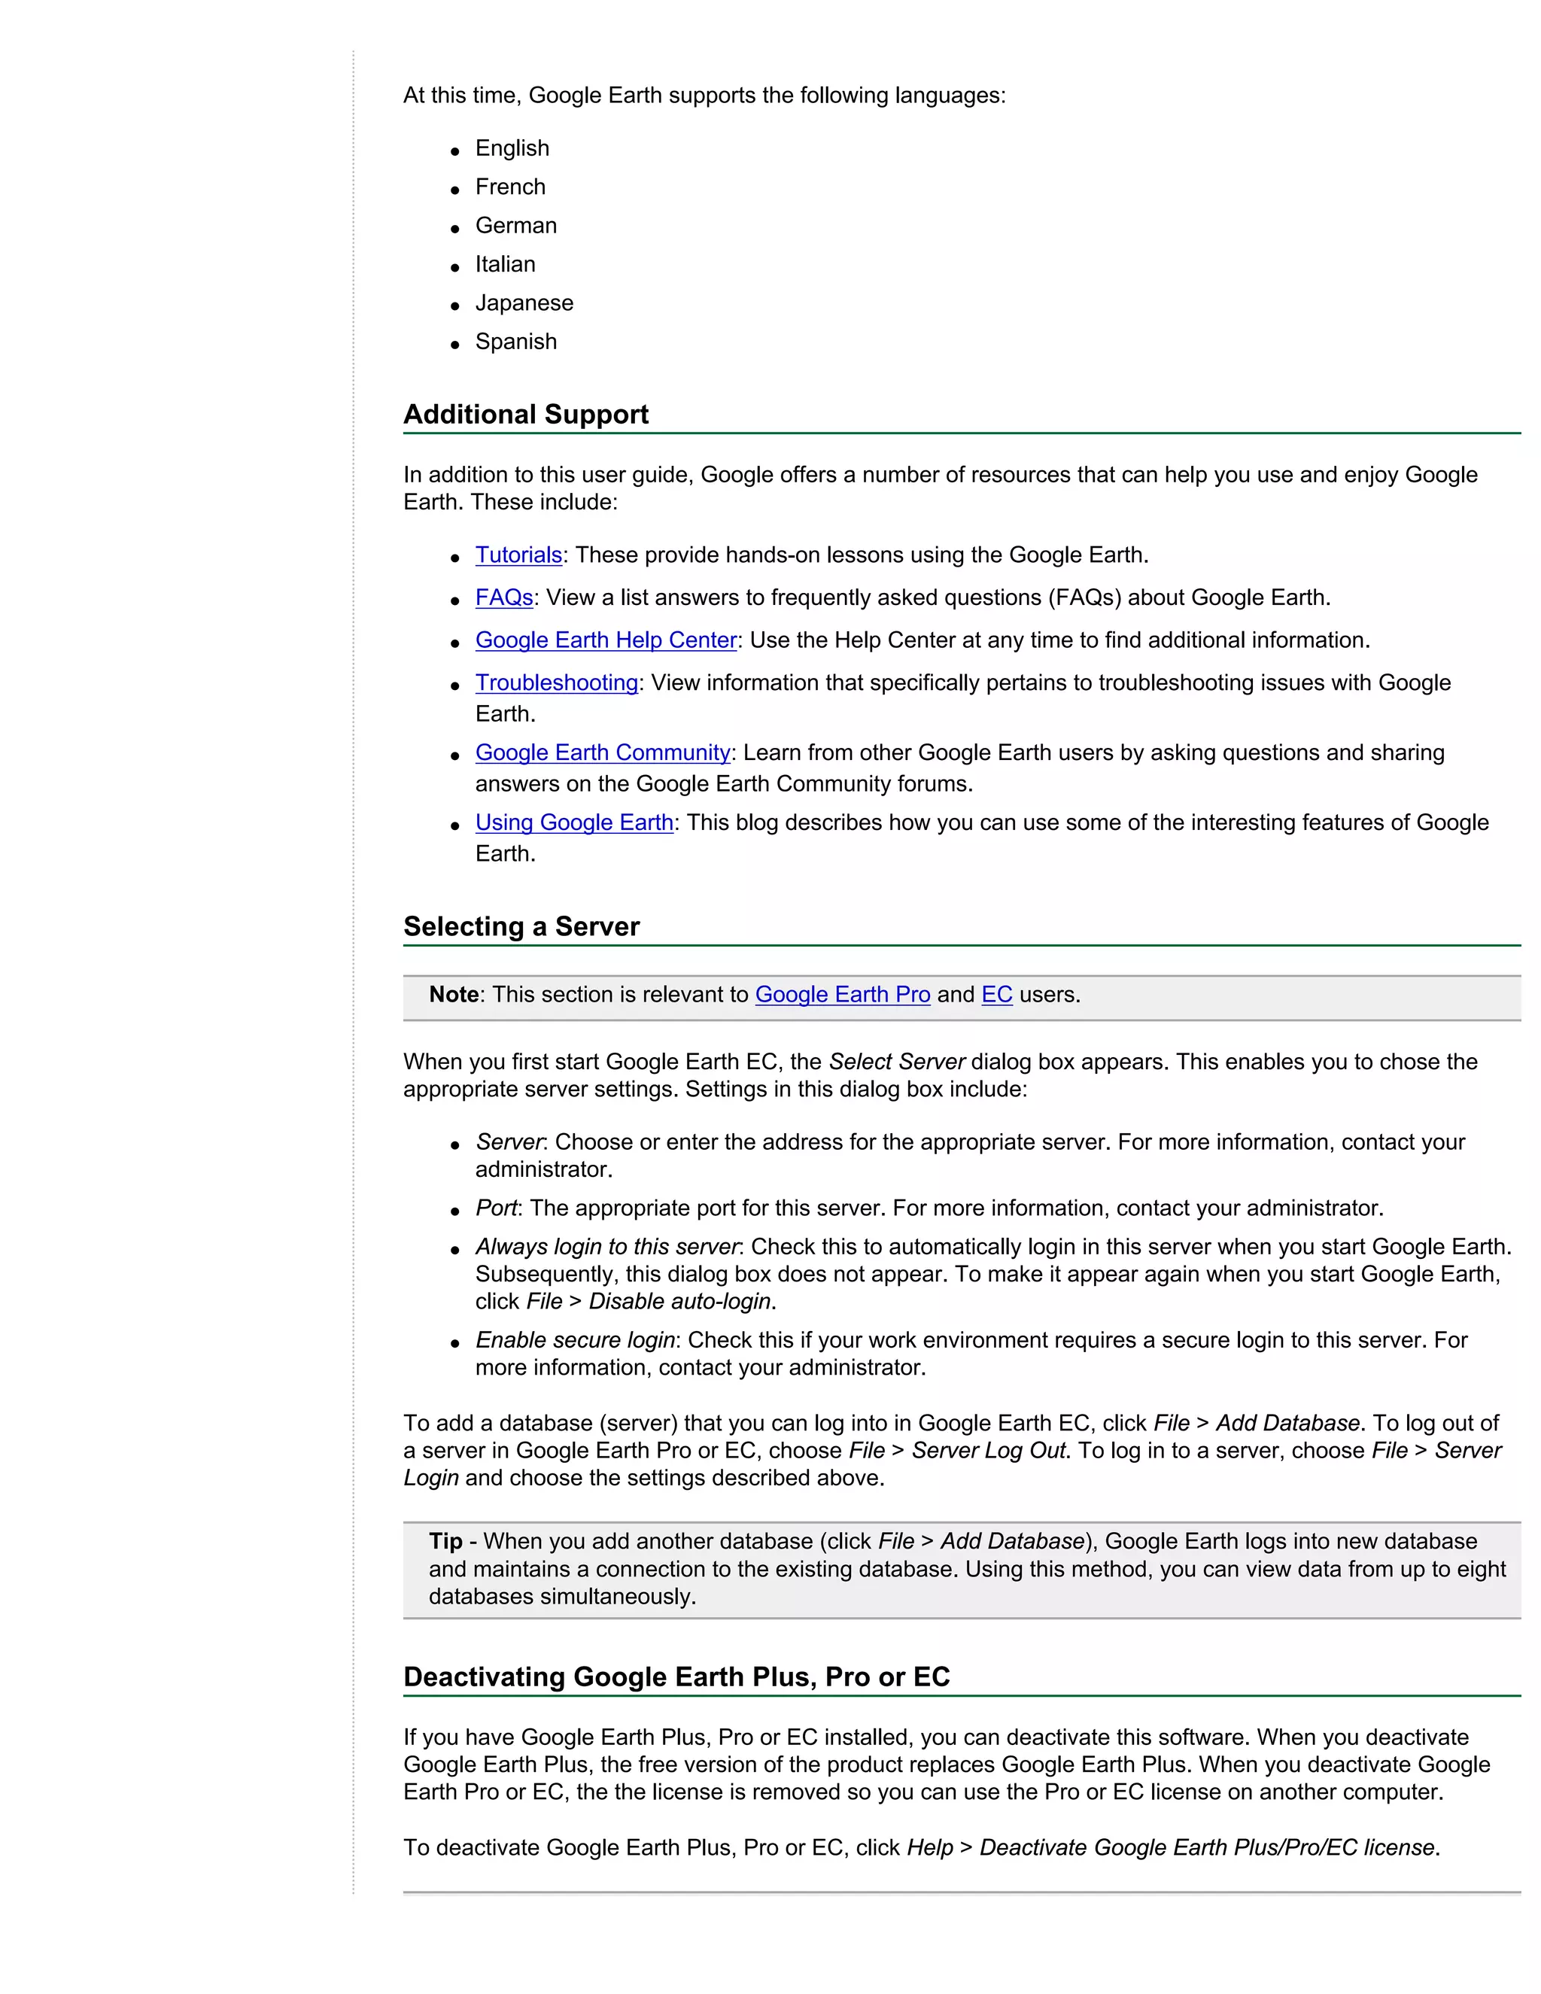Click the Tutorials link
[x=518, y=555]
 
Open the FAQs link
[x=504, y=598]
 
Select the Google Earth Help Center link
[x=605, y=640]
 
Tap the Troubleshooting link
[x=556, y=683]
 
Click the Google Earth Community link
[x=603, y=753]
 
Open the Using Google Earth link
[x=574, y=822]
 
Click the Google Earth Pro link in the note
[x=842, y=995]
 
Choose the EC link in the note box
[x=996, y=995]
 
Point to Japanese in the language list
[x=524, y=303]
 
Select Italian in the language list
[x=505, y=265]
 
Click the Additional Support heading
[x=526, y=415]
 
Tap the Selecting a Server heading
[x=521, y=927]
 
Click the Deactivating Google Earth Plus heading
[x=676, y=1677]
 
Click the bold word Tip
[x=445, y=1542]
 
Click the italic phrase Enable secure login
[x=574, y=1340]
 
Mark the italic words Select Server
[x=896, y=1062]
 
